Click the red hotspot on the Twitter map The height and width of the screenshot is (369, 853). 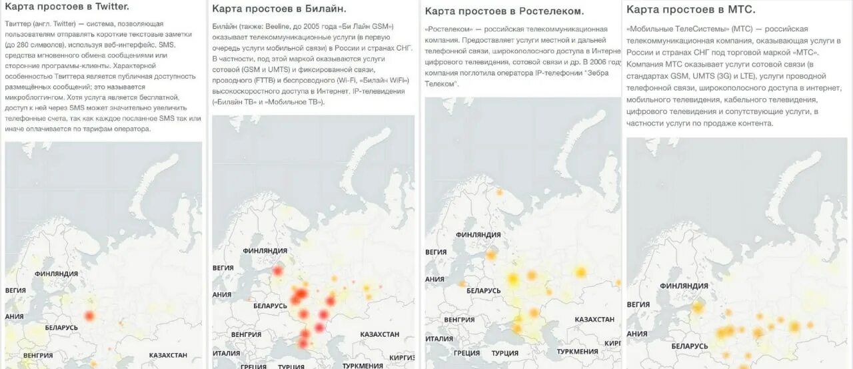pos(89,316)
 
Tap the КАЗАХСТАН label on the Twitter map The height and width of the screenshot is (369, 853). pos(171,356)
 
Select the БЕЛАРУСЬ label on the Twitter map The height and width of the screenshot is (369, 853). pos(61,328)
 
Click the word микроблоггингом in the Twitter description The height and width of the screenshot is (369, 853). pos(36,97)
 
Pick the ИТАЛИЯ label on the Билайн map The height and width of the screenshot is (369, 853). pos(226,353)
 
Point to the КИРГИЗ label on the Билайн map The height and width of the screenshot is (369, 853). pos(402,358)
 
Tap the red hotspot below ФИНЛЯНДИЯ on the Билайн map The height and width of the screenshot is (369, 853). pos(277,271)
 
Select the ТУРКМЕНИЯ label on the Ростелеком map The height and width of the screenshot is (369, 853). pos(577,352)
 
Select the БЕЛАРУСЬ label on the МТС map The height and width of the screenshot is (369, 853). pos(690,346)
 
